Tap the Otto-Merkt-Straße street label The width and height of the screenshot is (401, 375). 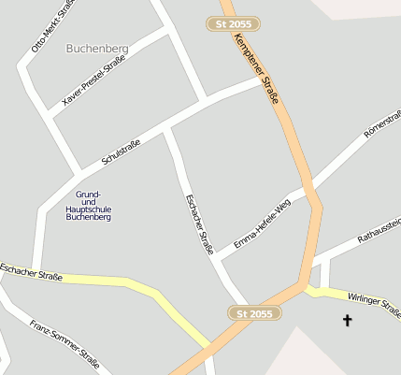point(54,25)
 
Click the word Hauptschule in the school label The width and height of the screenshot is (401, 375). point(89,209)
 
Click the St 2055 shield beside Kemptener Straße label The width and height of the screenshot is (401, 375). point(232,23)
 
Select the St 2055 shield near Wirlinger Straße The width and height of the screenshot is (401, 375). point(254,313)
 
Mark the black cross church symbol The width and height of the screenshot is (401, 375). point(348,321)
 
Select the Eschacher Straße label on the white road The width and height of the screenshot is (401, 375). point(200,223)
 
